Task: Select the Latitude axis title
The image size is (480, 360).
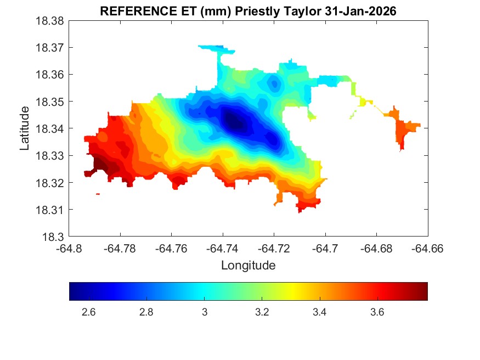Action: pos(25,128)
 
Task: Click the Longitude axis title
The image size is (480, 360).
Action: pos(248,266)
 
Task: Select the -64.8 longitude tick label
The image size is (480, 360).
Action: pos(70,249)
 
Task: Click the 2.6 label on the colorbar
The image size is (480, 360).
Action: pos(88,313)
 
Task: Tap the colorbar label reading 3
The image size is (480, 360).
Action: pos(204,313)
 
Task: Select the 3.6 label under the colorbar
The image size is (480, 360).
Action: pos(376,313)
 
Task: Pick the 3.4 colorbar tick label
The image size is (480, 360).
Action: pos(319,313)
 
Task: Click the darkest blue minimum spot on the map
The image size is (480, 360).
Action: pos(233,122)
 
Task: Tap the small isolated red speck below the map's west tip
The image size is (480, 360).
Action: pos(98,194)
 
